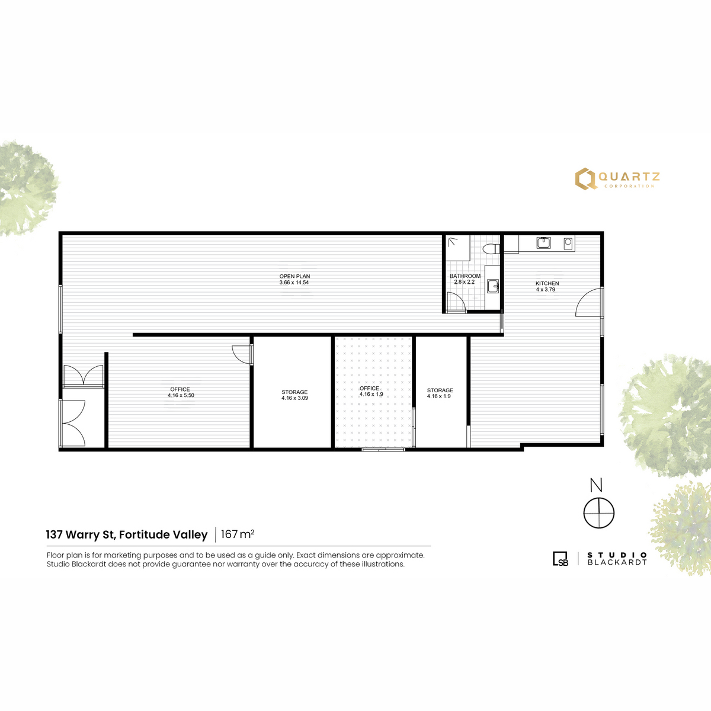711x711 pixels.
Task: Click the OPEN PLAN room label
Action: [x=294, y=276]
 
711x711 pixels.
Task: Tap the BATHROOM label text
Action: [x=465, y=276]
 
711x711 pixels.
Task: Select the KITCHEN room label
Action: [x=547, y=283]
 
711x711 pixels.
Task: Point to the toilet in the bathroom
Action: [x=491, y=249]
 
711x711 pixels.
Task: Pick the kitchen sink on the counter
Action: [x=543, y=243]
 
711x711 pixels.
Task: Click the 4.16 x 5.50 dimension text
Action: [x=181, y=395]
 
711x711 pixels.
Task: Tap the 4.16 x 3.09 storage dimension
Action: [x=294, y=398]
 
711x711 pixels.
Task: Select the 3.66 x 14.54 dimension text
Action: [x=294, y=283]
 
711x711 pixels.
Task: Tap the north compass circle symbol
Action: [x=598, y=513]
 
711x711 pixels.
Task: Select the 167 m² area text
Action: [x=238, y=534]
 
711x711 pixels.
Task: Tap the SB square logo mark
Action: [x=561, y=559]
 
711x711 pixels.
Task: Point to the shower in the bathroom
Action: [x=457, y=248]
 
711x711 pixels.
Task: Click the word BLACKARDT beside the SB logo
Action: [x=617, y=562]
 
